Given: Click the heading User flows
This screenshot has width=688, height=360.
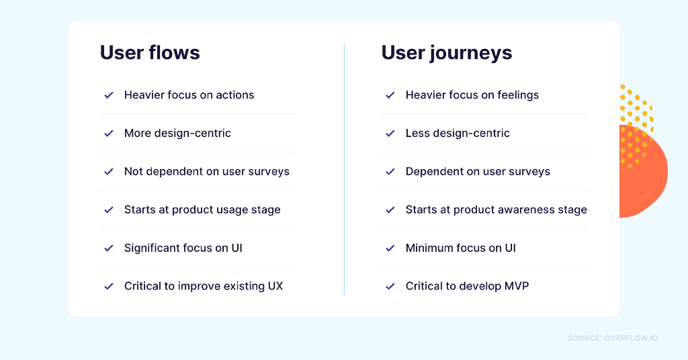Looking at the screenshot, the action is [150, 52].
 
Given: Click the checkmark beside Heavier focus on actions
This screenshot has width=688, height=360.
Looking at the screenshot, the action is [109, 95].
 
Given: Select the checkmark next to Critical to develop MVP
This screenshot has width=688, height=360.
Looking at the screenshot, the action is [390, 286].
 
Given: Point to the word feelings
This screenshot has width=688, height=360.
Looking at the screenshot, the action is [518, 95].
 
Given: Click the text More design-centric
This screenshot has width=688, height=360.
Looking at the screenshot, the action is [177, 133].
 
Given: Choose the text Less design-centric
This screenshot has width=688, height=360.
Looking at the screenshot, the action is [458, 133].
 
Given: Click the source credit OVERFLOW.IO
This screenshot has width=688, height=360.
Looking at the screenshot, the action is [631, 338].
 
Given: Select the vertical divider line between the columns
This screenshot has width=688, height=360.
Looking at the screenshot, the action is [344, 169].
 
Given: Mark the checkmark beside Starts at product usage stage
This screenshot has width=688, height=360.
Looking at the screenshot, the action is [109, 210].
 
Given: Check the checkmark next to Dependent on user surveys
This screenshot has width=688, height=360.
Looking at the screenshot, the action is [390, 171].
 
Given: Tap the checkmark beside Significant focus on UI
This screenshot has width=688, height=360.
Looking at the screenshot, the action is [109, 249].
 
